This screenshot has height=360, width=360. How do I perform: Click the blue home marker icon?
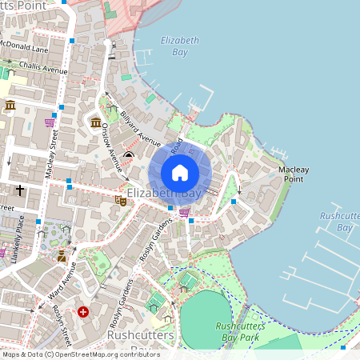pyautogui.click(x=180, y=172)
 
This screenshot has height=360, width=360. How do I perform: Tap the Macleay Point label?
pyautogui.click(x=294, y=174)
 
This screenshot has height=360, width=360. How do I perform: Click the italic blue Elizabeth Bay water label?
pyautogui.click(x=174, y=46)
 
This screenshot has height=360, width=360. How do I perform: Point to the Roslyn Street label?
pyautogui.click(x=62, y=318)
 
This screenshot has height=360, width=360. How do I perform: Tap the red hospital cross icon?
pyautogui.click(x=82, y=311)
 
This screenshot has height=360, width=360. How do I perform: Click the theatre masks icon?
pyautogui.click(x=120, y=200)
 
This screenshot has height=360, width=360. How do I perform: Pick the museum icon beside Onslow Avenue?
pyautogui.click(x=96, y=122)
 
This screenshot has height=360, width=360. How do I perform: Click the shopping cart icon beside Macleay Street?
pyautogui.click(x=50, y=122)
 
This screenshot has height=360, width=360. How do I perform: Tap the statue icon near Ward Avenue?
pyautogui.click(x=61, y=256)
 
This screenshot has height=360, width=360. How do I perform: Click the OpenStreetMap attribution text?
pyautogui.click(x=80, y=354)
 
